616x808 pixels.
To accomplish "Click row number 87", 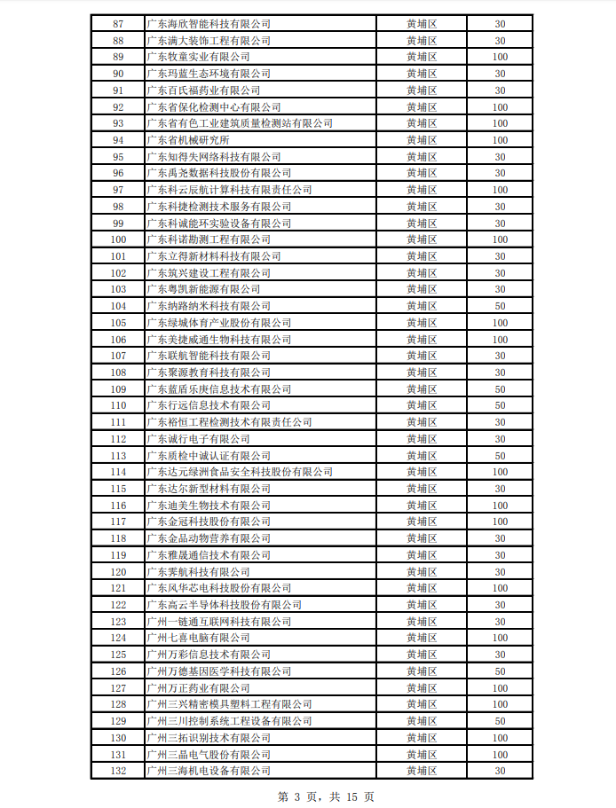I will [x=118, y=24].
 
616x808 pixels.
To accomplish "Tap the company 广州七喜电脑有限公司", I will [x=198, y=638].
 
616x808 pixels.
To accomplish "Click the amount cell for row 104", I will [x=500, y=306].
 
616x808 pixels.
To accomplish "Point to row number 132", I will [x=118, y=771].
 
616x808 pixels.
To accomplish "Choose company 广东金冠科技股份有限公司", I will [x=208, y=522].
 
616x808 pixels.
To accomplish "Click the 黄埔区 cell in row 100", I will [x=422, y=239].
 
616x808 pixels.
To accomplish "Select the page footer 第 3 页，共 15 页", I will [x=326, y=796].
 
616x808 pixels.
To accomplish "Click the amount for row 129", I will [x=500, y=721].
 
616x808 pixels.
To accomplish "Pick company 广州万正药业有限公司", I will [x=198, y=687].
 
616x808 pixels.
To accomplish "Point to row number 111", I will [x=118, y=422].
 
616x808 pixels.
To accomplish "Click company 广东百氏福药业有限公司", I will [x=203, y=90].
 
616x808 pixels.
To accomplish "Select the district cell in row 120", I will [x=422, y=571].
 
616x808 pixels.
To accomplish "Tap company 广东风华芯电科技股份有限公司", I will [x=218, y=588].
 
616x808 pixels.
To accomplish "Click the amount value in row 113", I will [x=500, y=455].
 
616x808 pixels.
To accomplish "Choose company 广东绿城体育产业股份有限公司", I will [x=218, y=323].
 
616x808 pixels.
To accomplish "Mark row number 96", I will [x=118, y=173].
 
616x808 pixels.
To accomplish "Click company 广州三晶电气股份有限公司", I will [x=208, y=754].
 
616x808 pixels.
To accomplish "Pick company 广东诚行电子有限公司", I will [x=198, y=439].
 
